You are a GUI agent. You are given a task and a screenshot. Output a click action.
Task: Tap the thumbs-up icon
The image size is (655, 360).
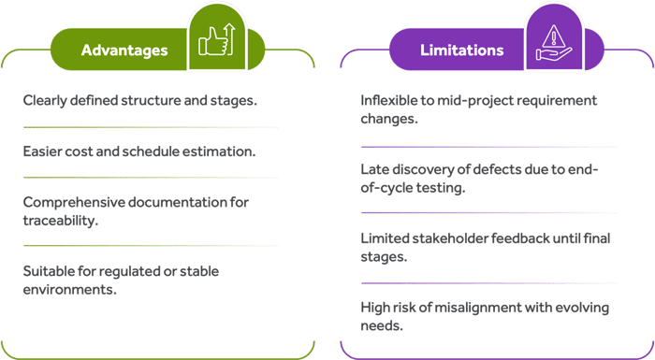[213, 41]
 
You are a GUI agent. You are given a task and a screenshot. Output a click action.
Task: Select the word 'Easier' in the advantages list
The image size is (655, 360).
[43, 151]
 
